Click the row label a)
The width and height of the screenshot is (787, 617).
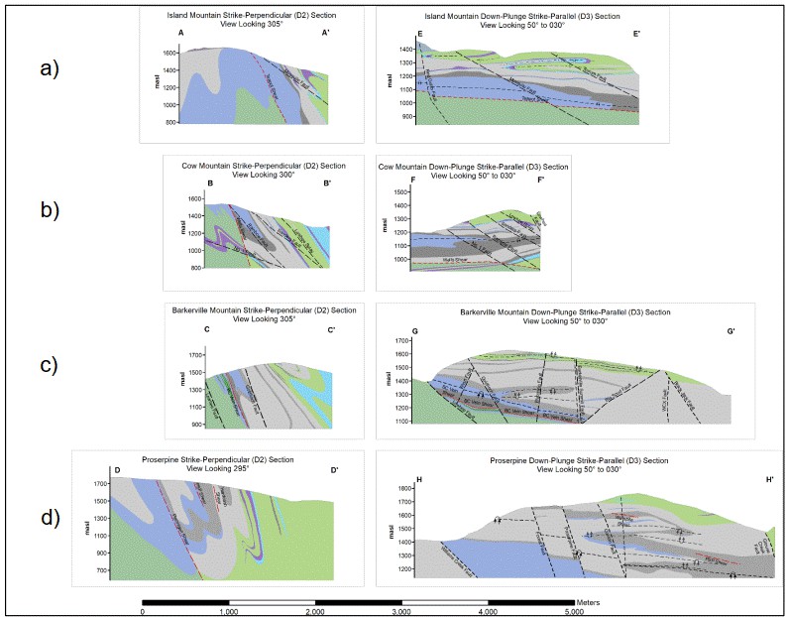(x=48, y=68)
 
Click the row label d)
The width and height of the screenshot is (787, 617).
(x=48, y=519)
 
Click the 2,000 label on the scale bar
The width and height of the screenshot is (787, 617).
(x=315, y=610)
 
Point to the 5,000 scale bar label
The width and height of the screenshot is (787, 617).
(x=574, y=610)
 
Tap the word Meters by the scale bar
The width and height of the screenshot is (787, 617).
(x=591, y=601)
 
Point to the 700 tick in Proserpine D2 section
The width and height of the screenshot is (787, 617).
(x=99, y=572)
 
